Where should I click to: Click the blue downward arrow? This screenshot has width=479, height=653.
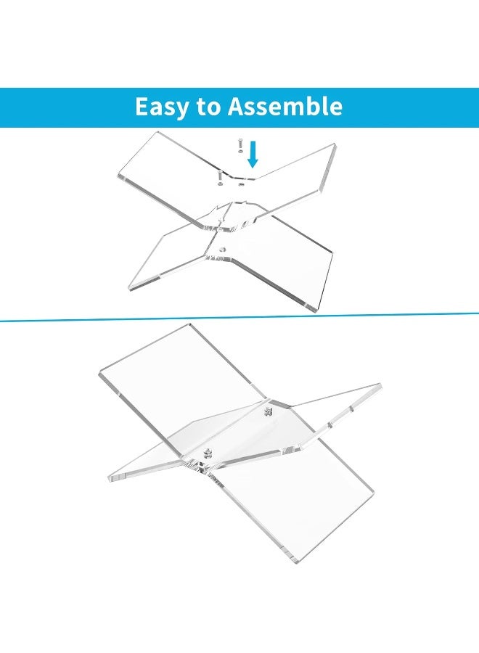[x=252, y=155]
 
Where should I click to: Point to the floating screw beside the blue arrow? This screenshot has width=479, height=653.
[x=238, y=146]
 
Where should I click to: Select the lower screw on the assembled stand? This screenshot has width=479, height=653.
[x=205, y=454]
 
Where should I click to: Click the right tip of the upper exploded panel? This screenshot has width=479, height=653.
[x=335, y=147]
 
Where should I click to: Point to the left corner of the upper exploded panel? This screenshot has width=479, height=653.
[x=119, y=177]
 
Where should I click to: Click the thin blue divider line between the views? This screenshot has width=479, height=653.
[x=239, y=318]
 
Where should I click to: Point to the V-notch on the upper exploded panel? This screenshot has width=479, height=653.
[x=239, y=176]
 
